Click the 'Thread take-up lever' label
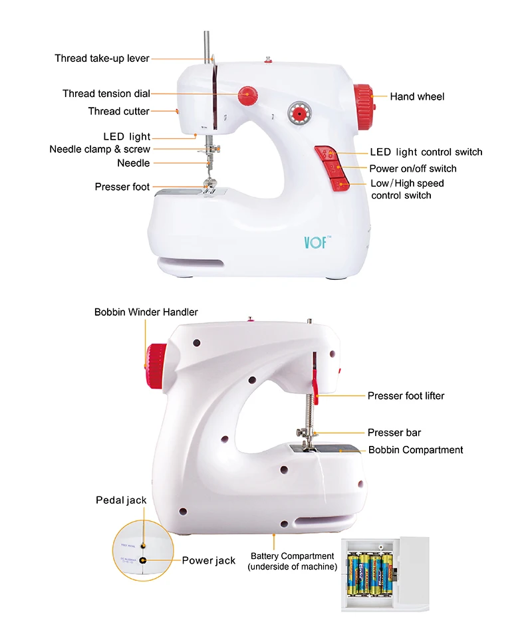coord(102,58)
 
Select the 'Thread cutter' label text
coord(118,111)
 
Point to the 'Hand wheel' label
coord(417,96)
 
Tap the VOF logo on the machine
coord(315,241)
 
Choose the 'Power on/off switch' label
coord(412,168)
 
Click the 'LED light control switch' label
coord(426,152)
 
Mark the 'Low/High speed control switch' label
coord(406,189)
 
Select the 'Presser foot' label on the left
coord(122,187)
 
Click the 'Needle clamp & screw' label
coord(100,149)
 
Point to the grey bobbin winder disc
coord(298,114)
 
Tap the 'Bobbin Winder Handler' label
coord(146,311)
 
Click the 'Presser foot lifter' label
coord(406,395)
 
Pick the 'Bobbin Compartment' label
coord(416,450)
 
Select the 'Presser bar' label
coord(394,433)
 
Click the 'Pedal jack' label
coord(121,500)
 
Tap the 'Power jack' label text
coord(208,560)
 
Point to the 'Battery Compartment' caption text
coord(292,561)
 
